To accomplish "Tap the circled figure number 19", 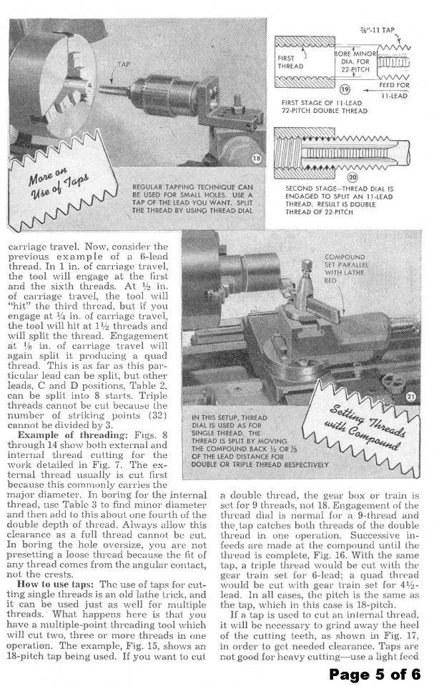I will click(x=344, y=89).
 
